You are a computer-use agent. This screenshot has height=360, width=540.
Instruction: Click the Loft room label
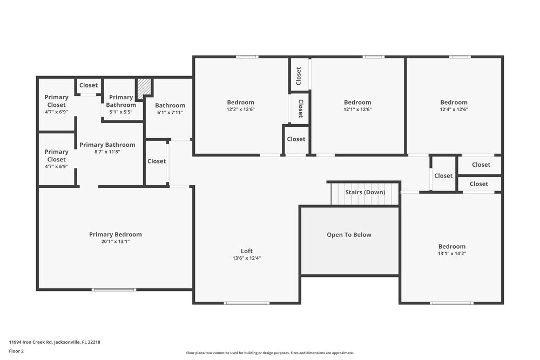click(247, 251)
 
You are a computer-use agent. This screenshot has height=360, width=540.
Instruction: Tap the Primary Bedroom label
click(116, 234)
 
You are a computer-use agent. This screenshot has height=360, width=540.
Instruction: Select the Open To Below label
click(349, 235)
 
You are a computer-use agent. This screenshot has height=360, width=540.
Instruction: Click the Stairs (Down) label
click(365, 192)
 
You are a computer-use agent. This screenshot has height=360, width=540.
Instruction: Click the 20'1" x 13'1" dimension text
click(116, 242)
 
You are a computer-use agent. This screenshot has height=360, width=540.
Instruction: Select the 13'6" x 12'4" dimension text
click(247, 258)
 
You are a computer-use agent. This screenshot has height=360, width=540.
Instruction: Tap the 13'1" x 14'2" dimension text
click(452, 254)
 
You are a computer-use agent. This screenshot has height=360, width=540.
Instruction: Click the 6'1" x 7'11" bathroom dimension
click(170, 113)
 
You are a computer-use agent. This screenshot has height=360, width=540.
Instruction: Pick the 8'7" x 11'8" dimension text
click(107, 152)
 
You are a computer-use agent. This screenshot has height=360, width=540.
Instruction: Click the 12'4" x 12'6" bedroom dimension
click(454, 110)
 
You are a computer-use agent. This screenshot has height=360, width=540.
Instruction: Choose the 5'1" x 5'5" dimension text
click(121, 112)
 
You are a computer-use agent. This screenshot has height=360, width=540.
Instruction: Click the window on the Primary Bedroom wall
click(114, 290)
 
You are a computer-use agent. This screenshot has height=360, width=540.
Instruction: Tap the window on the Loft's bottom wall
click(247, 303)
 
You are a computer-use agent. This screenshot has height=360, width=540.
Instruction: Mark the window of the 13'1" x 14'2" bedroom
click(451, 303)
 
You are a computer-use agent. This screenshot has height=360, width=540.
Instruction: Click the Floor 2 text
click(16, 351)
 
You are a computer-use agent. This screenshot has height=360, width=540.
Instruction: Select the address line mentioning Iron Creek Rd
click(55, 342)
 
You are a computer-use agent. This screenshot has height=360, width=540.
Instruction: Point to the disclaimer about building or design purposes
click(269, 353)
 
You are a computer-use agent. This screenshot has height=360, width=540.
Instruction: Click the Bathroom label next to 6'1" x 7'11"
click(170, 105)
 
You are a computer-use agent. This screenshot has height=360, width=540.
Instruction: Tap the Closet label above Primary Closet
click(89, 85)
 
